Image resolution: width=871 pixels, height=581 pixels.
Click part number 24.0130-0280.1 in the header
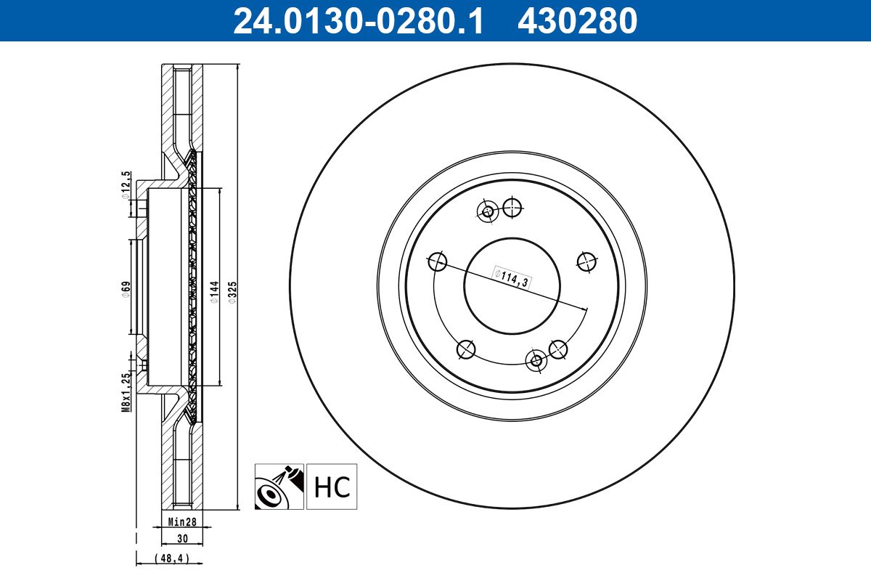[x=358, y=21]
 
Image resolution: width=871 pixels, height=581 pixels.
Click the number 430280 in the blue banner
[x=578, y=21]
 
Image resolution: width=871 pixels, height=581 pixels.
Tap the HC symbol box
[x=332, y=487]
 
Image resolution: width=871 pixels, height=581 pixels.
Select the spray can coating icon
[x=279, y=487]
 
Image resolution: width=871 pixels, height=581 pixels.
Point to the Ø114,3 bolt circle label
[x=512, y=277]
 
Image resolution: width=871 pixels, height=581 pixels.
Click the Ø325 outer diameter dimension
[x=232, y=293]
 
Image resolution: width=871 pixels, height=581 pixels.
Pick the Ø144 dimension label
[x=214, y=292]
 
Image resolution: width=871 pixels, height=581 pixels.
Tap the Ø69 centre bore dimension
[x=126, y=290]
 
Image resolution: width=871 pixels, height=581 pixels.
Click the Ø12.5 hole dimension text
[x=126, y=185]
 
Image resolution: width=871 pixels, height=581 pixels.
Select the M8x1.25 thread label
[x=126, y=393]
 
